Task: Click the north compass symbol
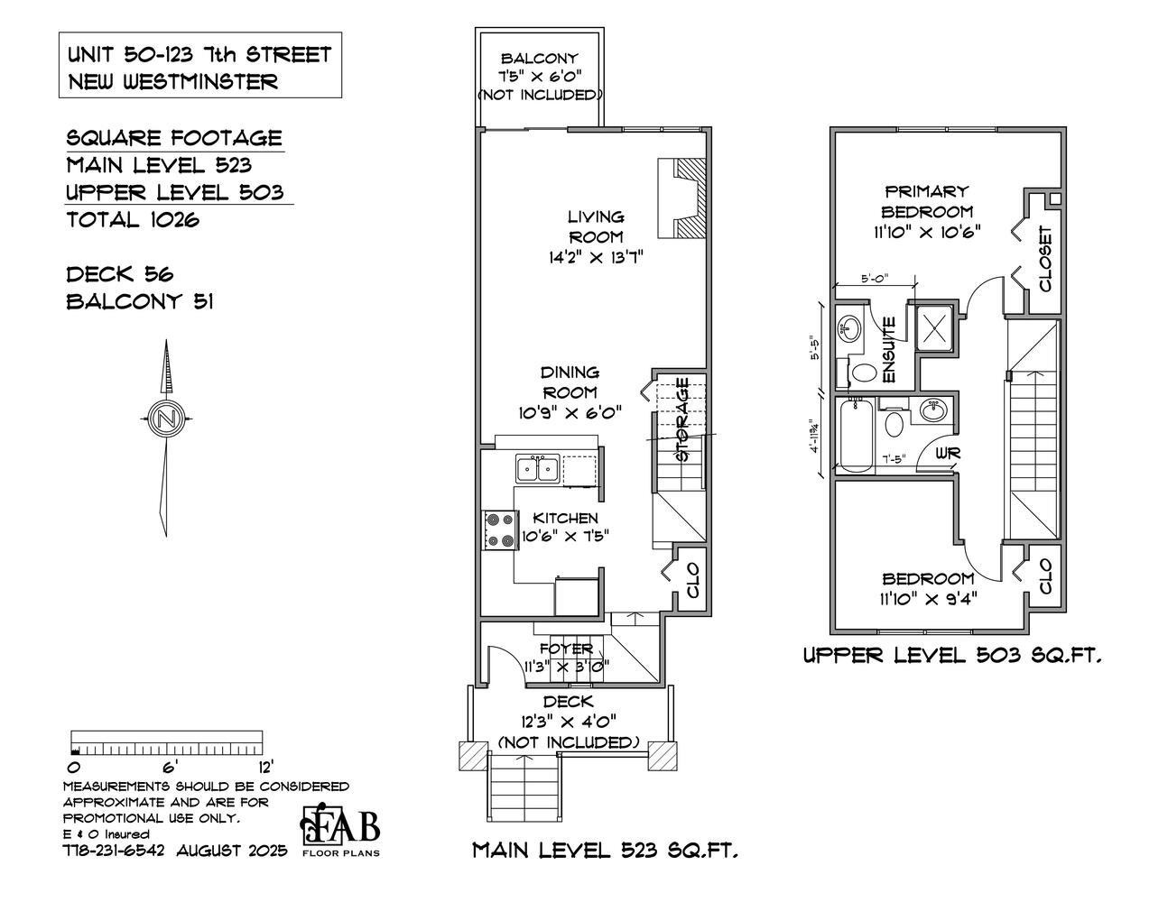[x=165, y=419]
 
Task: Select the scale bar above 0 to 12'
[x=166, y=743]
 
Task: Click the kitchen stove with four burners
[x=499, y=529]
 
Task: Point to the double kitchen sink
[x=537, y=469]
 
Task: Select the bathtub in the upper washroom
[x=855, y=437]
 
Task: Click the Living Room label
[x=595, y=226]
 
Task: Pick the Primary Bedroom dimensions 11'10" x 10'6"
[x=927, y=232]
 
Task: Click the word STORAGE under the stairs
[x=682, y=419]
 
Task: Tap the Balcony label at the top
[x=540, y=60]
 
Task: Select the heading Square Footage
[x=174, y=138]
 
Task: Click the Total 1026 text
[x=133, y=219]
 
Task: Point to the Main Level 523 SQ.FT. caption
[x=605, y=850]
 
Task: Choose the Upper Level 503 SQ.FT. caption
[x=951, y=656]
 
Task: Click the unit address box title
[x=199, y=68]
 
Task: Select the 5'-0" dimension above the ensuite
[x=872, y=279]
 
